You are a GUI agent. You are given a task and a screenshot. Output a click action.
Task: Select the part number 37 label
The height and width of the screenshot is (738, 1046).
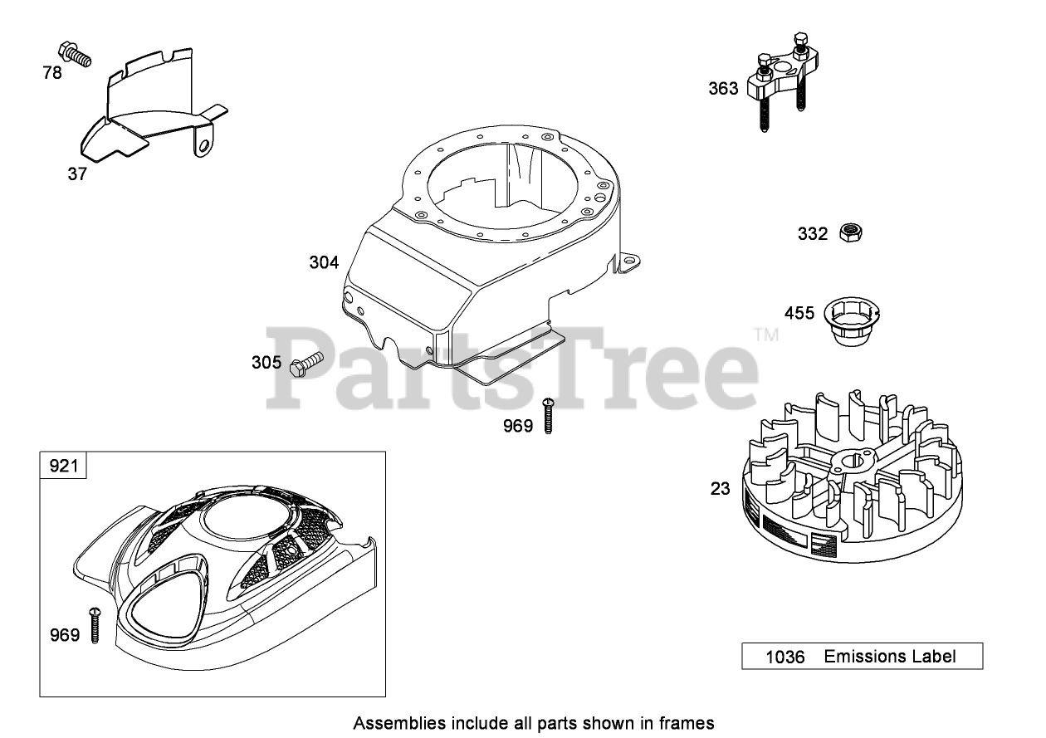click(77, 174)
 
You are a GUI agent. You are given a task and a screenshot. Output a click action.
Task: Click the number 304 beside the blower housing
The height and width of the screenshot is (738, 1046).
click(324, 262)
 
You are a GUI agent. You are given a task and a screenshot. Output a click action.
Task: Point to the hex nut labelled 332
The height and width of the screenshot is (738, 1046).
click(849, 233)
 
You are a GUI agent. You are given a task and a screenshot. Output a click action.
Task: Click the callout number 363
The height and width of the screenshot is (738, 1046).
click(722, 88)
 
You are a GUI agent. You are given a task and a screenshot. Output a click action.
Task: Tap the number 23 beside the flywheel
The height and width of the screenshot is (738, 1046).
click(721, 488)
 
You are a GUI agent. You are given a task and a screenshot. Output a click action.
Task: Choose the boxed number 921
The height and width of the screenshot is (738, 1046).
click(63, 467)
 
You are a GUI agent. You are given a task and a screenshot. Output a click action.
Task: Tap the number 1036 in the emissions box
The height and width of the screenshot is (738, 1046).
click(784, 657)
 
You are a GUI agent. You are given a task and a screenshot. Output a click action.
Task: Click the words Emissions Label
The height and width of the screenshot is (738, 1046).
click(890, 657)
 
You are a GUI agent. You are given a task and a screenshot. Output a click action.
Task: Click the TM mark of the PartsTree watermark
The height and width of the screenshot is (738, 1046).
click(765, 335)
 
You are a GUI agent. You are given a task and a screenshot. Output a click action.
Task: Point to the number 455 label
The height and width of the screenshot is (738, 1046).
click(801, 313)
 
